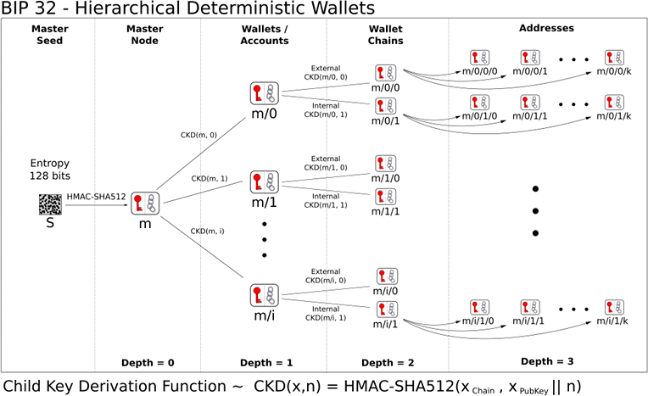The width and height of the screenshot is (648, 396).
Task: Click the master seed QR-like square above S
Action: [50, 204]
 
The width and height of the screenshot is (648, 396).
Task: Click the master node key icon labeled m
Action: [145, 204]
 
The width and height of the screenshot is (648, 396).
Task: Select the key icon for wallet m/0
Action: [264, 93]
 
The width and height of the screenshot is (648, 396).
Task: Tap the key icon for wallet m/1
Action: [264, 182]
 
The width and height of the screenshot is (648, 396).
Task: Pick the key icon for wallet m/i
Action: [264, 295]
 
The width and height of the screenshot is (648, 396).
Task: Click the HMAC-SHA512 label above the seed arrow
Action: [96, 197]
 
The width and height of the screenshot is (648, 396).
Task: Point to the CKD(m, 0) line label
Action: [198, 135]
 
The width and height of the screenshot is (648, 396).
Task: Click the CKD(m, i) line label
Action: [208, 231]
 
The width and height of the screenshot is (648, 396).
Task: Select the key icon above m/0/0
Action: [386, 73]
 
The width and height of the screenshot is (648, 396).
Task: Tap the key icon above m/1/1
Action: [386, 197]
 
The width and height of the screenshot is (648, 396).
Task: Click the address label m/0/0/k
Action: [614, 71]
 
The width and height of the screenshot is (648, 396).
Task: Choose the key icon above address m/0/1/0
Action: [479, 103]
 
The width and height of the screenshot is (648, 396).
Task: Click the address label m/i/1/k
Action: [612, 321]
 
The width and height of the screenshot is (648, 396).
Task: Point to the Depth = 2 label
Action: [388, 363]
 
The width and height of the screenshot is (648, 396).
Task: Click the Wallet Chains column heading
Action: [386, 35]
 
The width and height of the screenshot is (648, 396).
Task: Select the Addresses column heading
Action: [546, 28]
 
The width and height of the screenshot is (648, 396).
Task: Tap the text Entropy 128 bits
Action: [50, 170]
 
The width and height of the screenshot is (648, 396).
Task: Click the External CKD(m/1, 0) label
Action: [326, 163]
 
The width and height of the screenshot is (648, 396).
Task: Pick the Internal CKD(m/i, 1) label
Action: [326, 314]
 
